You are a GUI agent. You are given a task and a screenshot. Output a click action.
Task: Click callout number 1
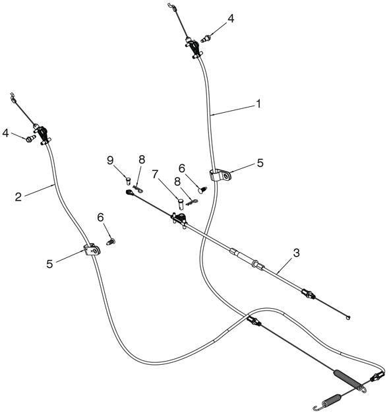coord(258,104)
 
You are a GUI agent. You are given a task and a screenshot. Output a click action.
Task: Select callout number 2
coord(18,197)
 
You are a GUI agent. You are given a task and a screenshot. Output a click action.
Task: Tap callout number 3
coord(296,253)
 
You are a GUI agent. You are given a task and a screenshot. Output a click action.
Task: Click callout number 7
coord(155,174)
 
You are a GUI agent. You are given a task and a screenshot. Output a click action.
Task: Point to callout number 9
coord(110,160)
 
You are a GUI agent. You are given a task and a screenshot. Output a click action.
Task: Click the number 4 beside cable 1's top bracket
coord(231,18)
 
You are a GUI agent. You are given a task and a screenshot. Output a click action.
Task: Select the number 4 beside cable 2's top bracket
coord(5,133)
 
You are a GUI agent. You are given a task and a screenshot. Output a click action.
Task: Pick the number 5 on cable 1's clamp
coord(260,163)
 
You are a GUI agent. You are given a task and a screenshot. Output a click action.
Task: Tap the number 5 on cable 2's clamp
coord(49,264)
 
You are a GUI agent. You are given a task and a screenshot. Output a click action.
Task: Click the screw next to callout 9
coord(129,181)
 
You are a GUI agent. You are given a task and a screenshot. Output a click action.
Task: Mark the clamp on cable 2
coord(92,250)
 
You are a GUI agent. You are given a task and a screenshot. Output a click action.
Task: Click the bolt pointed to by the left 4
coord(30,139)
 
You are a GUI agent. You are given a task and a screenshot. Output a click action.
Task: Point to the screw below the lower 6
coord(111,241)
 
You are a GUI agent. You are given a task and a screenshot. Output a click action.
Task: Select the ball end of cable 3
coord(348,317)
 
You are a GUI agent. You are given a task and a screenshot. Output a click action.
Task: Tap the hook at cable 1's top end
coord(172,7)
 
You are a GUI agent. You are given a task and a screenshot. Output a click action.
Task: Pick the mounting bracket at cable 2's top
coord(42,134)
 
